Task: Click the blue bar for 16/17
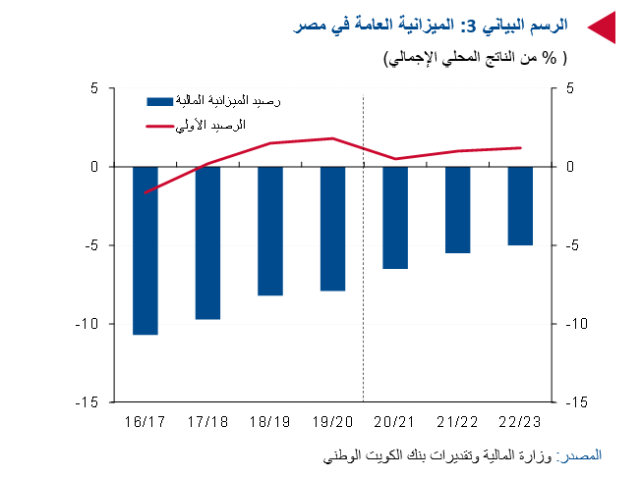[x=146, y=250]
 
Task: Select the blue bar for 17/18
[x=207, y=242]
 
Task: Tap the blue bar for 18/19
[x=270, y=231]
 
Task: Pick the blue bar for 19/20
[x=332, y=229]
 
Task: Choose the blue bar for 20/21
[x=395, y=217]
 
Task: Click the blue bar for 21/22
[x=458, y=209]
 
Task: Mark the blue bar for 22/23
[x=520, y=205]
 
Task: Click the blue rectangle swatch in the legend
[x=159, y=101]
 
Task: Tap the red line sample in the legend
[x=159, y=126]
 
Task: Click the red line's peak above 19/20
[x=332, y=138]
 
